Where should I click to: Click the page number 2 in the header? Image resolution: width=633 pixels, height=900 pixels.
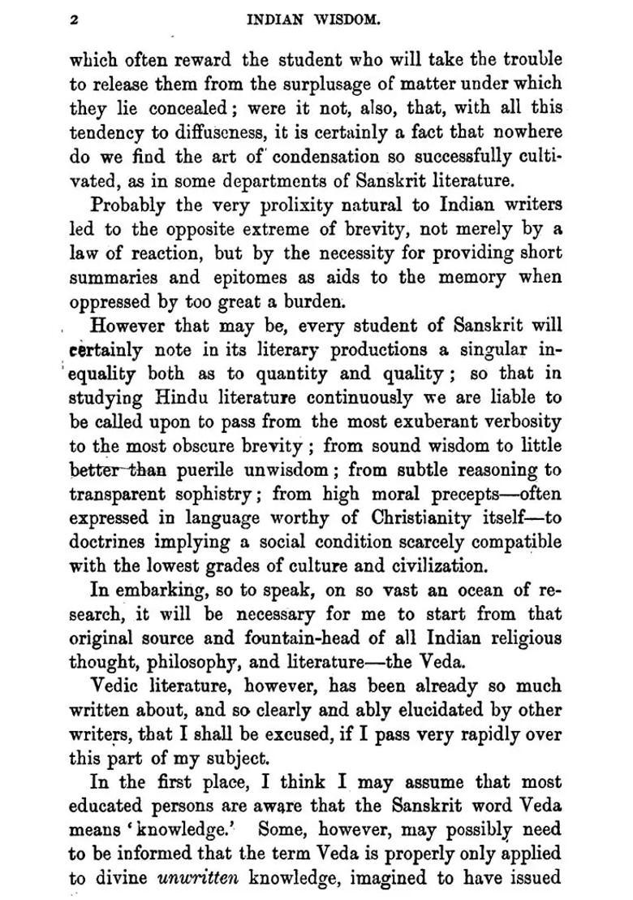[x=74, y=21]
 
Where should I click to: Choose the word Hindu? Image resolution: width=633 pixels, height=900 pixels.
[x=174, y=398]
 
